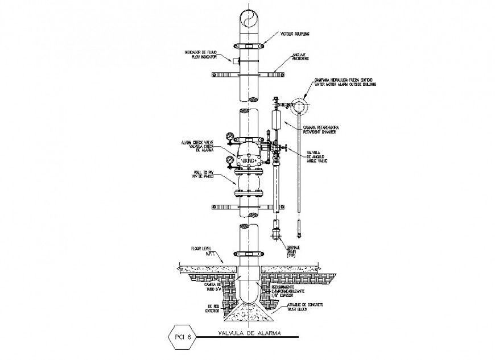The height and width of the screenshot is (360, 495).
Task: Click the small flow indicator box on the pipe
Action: point(233,59)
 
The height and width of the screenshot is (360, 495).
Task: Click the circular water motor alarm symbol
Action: point(299,106)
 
